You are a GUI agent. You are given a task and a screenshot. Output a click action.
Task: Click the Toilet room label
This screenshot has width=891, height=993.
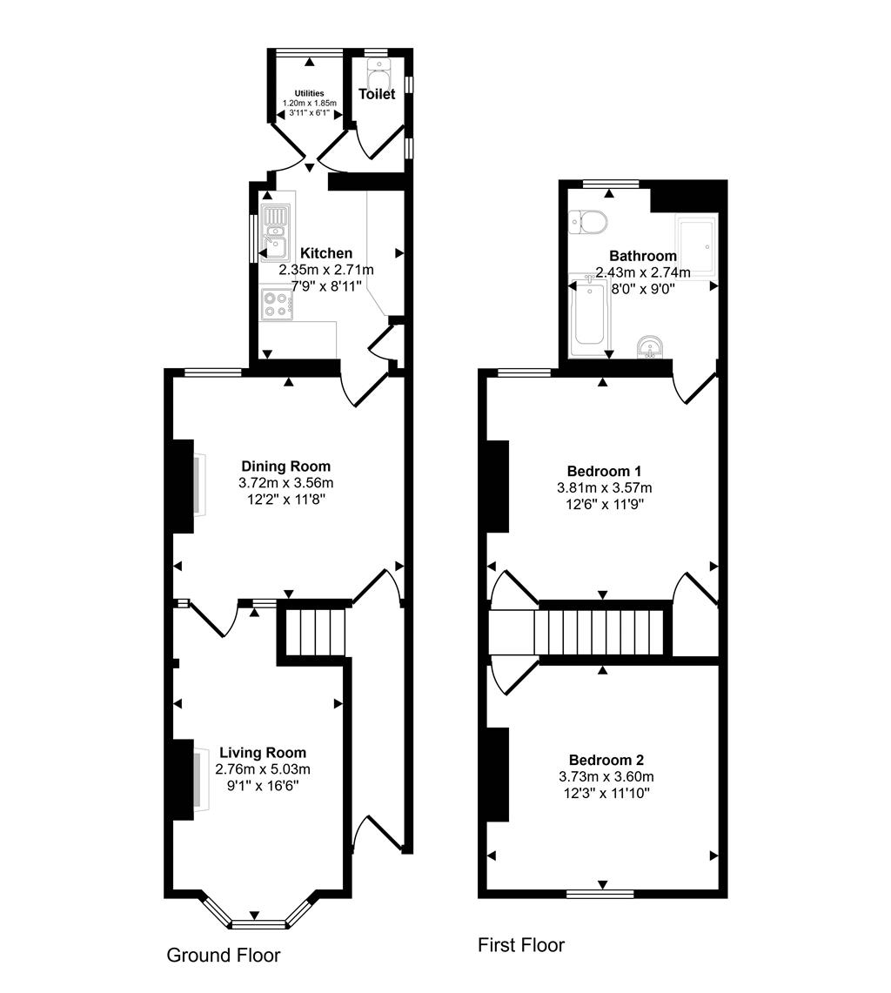[377, 94]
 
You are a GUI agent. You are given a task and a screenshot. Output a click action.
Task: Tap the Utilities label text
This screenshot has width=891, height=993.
[309, 93]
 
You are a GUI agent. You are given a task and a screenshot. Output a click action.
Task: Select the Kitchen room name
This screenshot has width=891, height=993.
[326, 253]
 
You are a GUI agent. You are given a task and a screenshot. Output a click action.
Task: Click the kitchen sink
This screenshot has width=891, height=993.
[276, 232]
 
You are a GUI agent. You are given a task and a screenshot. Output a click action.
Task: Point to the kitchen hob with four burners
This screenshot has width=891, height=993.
[277, 304]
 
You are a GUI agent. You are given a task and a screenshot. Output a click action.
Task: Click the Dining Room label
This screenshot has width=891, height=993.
[286, 466]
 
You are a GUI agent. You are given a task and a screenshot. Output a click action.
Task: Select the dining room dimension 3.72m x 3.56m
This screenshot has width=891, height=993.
[286, 483]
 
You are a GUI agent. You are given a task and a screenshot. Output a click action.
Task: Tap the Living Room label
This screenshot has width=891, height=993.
[263, 753]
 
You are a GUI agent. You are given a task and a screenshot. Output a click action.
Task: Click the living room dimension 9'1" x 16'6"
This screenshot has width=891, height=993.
[263, 786]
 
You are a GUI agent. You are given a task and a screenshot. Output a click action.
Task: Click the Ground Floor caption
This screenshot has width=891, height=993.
[224, 955]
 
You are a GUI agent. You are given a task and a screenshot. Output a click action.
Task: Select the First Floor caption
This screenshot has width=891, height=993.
[521, 945]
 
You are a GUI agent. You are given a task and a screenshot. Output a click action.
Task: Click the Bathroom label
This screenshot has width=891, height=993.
[643, 256]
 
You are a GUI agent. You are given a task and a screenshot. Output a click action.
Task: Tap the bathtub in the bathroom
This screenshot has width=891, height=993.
[590, 318]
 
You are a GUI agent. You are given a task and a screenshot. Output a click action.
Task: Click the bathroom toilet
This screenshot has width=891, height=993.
[588, 222]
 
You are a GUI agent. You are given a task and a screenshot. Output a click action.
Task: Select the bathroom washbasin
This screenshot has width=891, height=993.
[650, 346]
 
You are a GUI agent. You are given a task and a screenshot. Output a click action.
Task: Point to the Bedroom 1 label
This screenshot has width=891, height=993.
[604, 471]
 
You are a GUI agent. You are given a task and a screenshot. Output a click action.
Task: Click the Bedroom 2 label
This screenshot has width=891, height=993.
[606, 760]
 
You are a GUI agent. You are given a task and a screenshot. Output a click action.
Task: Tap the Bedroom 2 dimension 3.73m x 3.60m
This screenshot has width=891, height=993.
[606, 776]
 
